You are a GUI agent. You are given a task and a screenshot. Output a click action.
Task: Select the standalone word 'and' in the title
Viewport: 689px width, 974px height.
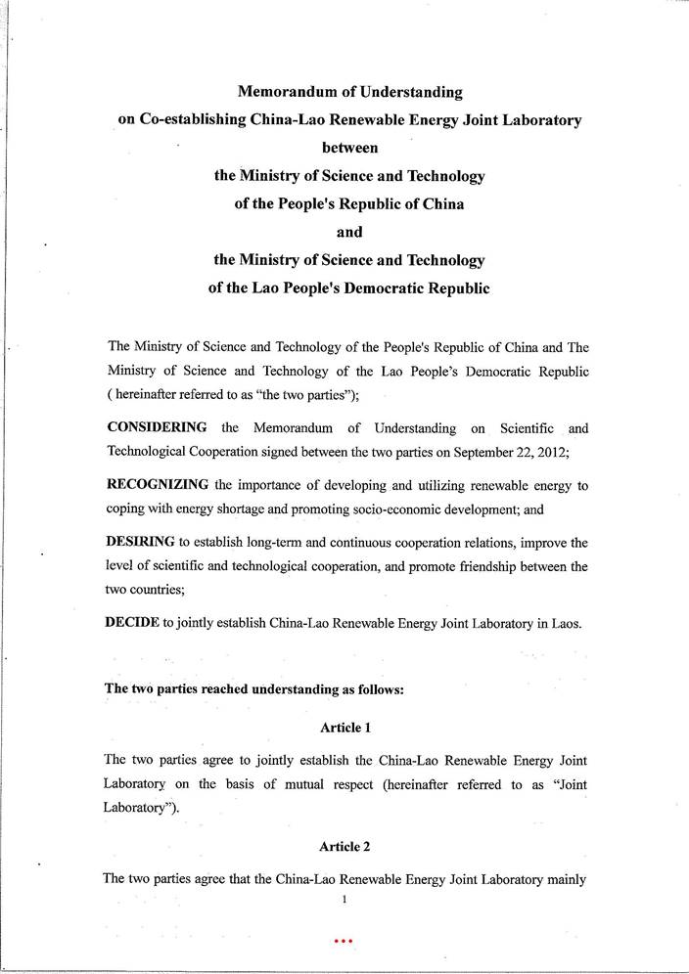point(349,233)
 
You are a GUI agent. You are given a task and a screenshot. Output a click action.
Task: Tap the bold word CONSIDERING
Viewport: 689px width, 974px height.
point(156,428)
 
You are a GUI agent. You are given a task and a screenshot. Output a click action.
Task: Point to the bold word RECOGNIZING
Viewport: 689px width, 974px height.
point(157,485)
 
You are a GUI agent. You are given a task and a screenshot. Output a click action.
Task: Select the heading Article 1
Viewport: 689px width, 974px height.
point(344,727)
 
